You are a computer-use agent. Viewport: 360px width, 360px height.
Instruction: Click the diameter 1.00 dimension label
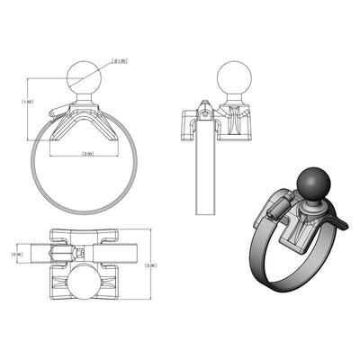pos(120,61)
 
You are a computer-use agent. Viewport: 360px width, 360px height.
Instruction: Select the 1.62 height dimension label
pos(28,102)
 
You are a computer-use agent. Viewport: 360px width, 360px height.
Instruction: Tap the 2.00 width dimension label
pos(86,154)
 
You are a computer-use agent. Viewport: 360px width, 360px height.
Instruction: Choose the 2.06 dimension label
pos(151,265)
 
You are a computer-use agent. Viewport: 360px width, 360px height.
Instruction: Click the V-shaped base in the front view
pos(86,121)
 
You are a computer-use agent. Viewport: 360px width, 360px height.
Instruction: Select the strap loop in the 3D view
pos(270,270)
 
